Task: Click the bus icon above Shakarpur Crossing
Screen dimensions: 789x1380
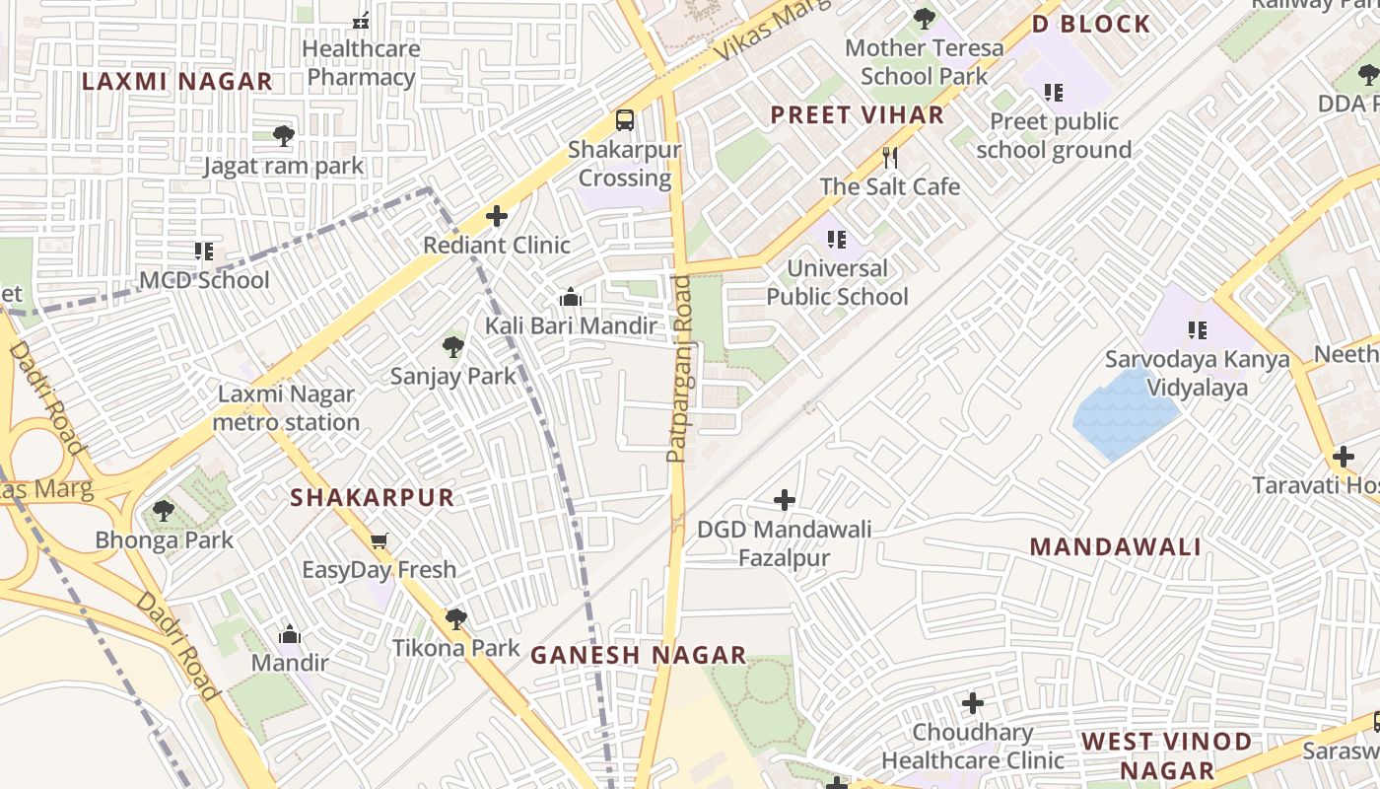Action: (624, 120)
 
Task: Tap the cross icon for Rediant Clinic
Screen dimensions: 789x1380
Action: (497, 216)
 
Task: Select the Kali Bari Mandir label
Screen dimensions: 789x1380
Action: (570, 325)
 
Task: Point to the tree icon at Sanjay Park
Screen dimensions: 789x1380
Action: (453, 346)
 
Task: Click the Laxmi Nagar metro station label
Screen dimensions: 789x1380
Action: (287, 408)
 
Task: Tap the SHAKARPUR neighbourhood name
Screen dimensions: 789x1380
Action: (372, 498)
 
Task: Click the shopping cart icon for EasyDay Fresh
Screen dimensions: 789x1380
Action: (379, 540)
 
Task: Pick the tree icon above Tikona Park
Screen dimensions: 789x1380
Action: (455, 618)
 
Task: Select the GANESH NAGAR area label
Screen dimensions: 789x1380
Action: (638, 655)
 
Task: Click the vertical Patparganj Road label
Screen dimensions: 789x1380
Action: (677, 369)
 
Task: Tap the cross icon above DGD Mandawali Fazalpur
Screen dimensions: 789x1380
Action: (785, 500)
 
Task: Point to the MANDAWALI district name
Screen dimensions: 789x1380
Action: (1115, 547)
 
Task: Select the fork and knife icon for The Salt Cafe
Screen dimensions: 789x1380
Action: (890, 157)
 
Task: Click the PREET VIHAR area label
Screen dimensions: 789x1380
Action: (857, 115)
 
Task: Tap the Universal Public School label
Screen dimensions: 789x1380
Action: (838, 282)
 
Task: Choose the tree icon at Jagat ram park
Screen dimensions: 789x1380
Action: (284, 136)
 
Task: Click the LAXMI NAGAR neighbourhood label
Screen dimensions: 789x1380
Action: (176, 82)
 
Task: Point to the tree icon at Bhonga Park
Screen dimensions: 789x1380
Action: (164, 511)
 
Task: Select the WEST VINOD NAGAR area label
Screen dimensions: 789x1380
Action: (1166, 754)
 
